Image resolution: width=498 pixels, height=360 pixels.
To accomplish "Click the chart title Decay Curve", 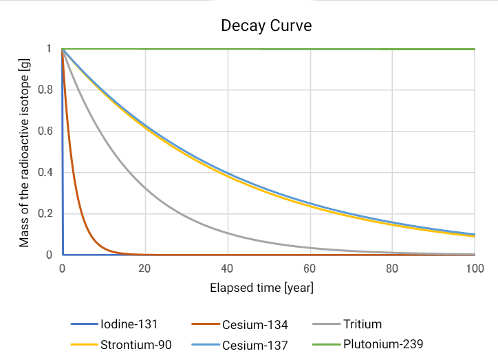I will pyautogui.click(x=266, y=27).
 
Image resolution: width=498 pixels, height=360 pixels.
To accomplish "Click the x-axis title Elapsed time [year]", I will pyautogui.click(x=261, y=288).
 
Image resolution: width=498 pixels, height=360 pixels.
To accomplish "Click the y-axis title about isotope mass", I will pyautogui.click(x=24, y=151).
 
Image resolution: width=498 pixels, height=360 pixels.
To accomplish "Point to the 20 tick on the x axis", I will pyautogui.click(x=145, y=268).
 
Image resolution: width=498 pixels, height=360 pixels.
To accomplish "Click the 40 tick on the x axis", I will pyautogui.click(x=228, y=268).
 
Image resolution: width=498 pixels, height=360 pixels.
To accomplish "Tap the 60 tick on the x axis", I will pyautogui.click(x=310, y=268).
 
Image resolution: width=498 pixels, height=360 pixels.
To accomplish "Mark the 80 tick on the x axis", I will pyautogui.click(x=392, y=268).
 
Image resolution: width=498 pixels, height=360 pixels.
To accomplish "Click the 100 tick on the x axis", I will pyautogui.click(x=475, y=268).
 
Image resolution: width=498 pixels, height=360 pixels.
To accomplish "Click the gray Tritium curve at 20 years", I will pyautogui.click(x=145, y=188).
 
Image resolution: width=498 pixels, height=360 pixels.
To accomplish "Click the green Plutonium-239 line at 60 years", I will pyautogui.click(x=310, y=50).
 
